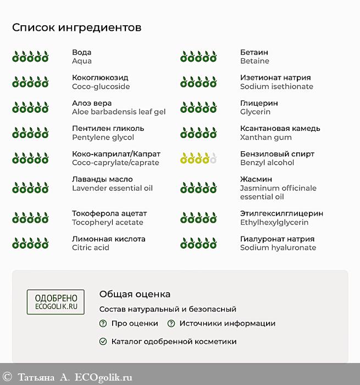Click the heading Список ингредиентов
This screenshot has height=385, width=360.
76,28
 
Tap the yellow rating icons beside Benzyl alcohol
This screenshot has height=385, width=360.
198,158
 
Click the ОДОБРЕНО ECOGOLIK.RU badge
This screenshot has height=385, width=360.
56,302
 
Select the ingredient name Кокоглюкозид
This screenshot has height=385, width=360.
100,78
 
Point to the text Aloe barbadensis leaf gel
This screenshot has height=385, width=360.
119,112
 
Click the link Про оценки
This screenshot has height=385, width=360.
135,323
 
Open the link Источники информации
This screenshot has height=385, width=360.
227,323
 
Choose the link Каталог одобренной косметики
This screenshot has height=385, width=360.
174,342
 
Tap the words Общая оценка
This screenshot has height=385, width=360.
135,294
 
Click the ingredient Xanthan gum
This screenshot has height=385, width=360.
266,137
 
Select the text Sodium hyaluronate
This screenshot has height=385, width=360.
278,248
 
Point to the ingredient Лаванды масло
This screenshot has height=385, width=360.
102,179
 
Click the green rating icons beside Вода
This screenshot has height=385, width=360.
30,57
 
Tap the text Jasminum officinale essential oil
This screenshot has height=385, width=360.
278,192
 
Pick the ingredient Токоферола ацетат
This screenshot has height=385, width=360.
109,213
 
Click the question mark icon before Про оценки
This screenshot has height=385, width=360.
103,323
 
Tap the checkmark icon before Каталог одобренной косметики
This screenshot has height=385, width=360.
103,342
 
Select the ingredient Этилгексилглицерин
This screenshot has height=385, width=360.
281,213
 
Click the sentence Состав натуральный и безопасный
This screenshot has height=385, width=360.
168,309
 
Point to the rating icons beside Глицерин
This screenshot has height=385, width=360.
198,107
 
